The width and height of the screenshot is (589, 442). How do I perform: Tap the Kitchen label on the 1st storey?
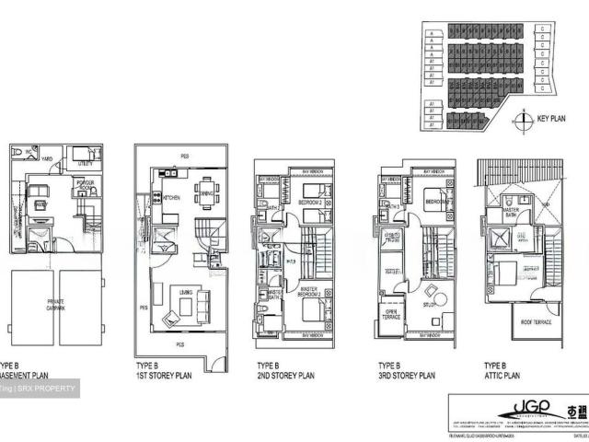click(172, 197)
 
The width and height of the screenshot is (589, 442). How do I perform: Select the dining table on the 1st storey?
click(207, 194)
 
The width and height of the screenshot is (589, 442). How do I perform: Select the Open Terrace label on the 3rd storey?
click(390, 313)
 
